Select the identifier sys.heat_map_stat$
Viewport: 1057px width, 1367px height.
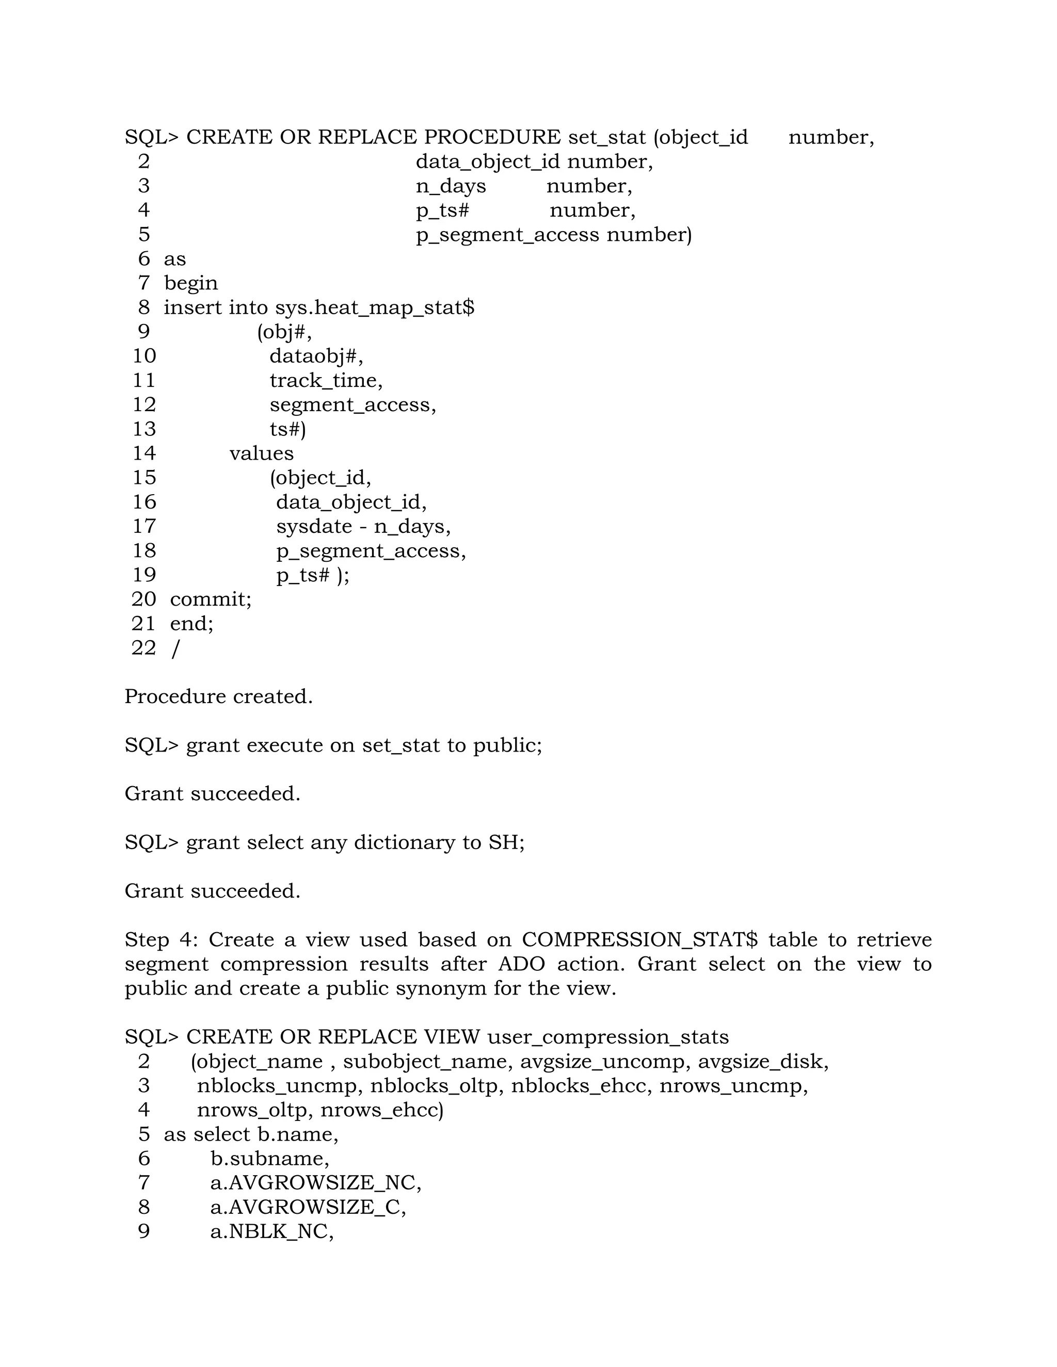(x=375, y=307)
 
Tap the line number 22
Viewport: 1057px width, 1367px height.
(x=143, y=648)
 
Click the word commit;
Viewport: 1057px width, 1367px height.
(x=211, y=599)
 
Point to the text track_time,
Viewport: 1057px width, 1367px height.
(x=326, y=381)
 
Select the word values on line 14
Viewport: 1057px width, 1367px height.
(x=261, y=453)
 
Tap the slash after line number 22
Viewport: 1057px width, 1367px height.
(x=175, y=648)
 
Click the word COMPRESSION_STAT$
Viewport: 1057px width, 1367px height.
(x=639, y=940)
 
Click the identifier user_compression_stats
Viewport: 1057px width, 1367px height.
(x=608, y=1037)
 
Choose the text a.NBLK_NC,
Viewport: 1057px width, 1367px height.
(x=272, y=1232)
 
